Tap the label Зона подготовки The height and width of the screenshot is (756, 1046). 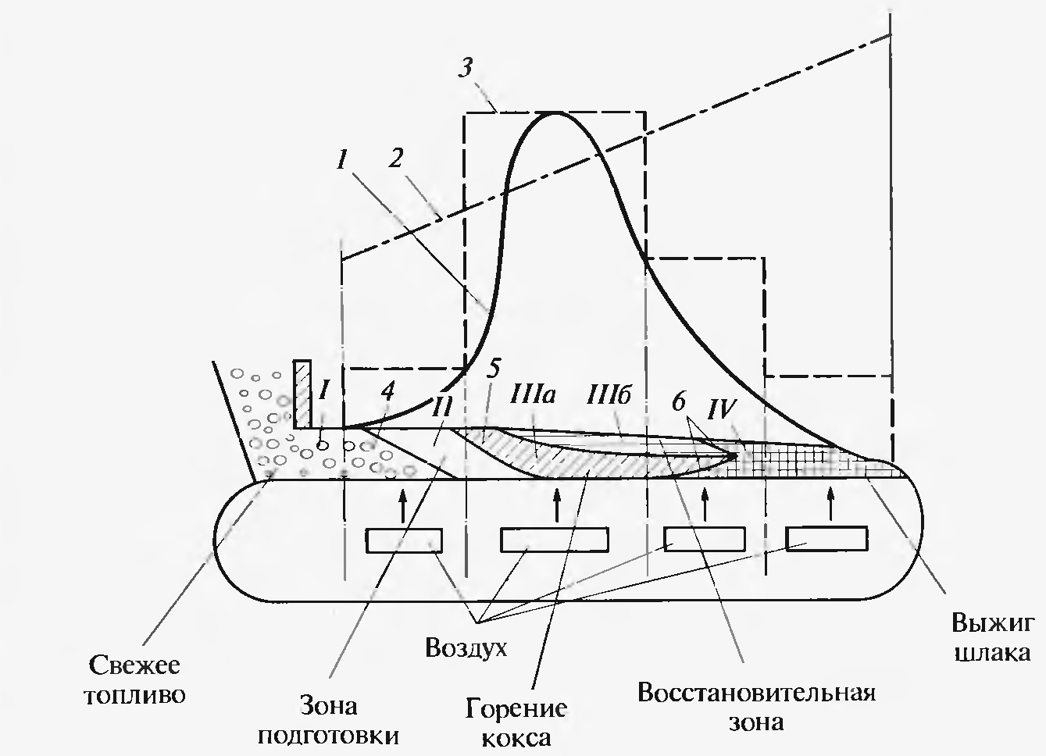[x=328, y=721]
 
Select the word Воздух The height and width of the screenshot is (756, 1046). [x=466, y=647]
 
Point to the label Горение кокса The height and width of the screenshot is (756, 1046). [x=516, y=723]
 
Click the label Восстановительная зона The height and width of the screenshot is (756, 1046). [x=755, y=707]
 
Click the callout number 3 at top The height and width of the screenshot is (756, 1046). [x=466, y=67]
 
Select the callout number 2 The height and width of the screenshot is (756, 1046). [x=396, y=159]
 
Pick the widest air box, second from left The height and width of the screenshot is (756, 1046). [x=555, y=540]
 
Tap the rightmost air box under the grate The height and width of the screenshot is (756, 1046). [x=826, y=540]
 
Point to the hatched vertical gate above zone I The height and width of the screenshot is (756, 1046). [x=302, y=394]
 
